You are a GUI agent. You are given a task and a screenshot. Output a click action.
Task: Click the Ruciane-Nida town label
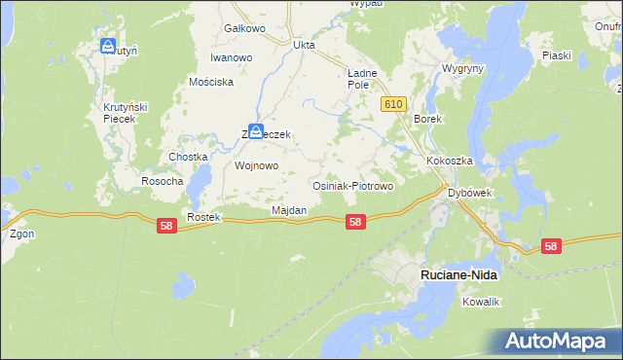[x=458, y=275]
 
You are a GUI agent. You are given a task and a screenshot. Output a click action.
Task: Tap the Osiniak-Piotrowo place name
[x=351, y=185]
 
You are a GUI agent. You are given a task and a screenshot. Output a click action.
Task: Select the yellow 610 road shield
[x=393, y=104]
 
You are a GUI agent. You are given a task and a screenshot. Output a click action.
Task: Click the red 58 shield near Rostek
[x=166, y=225]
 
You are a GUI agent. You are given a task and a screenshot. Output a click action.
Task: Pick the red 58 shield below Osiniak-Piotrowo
[x=355, y=222]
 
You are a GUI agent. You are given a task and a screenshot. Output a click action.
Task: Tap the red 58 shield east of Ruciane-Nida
[x=551, y=246]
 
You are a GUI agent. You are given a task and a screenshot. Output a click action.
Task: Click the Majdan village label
[x=289, y=210]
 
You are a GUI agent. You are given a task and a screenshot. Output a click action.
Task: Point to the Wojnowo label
[x=257, y=165]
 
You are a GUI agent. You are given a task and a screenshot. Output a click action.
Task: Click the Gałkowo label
[x=244, y=28]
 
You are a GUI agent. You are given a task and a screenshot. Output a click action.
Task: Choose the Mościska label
[x=211, y=82]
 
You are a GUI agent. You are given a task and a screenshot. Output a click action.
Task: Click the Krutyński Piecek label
[x=125, y=112]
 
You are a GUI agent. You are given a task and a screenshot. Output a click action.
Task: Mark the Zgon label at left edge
[x=20, y=234]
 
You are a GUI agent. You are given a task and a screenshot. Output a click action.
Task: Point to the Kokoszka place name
[x=449, y=161]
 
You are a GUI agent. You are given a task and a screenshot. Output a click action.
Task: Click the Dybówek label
[x=470, y=193]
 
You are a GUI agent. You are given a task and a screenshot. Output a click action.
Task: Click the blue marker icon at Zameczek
[x=255, y=131]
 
